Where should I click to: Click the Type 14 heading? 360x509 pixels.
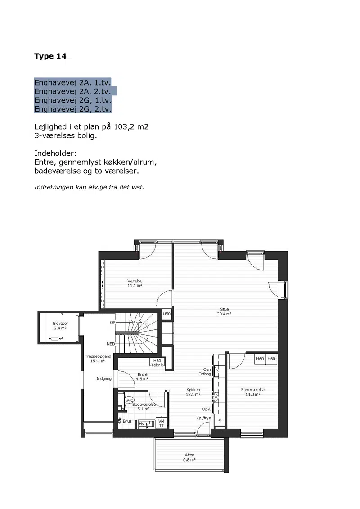tap(50, 56)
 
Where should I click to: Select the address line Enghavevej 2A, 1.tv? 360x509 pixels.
tap(73, 82)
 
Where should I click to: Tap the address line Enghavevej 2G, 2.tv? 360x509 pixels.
tap(73, 109)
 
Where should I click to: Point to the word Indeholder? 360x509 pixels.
tap(55, 153)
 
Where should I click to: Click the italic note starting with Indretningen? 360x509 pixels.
tap(89, 187)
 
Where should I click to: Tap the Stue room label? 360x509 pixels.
tap(224, 311)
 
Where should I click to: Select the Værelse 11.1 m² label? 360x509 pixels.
tap(135, 284)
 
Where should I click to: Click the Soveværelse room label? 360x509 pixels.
tap(253, 392)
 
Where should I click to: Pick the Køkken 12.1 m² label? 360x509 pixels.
tap(193, 392)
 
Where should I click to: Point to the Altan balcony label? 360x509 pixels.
tap(189, 457)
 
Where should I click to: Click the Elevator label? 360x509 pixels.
tap(60, 326)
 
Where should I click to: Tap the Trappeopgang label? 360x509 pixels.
tap(98, 358)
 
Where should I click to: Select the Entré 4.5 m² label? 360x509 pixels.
tap(142, 377)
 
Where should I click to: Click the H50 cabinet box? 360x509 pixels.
tap(166, 314)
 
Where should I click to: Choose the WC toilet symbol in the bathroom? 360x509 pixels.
tap(129, 401)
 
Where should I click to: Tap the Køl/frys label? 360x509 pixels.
tap(203, 418)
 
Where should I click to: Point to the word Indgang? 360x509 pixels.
tap(104, 379)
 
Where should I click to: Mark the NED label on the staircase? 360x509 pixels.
tap(111, 344)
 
